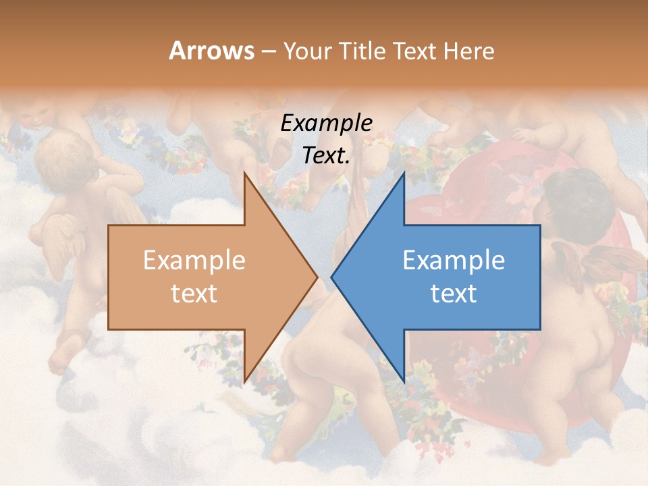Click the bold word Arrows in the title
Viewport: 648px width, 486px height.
[212, 51]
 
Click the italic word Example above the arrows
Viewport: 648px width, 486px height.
[326, 124]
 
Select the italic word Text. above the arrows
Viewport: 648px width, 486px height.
[326, 156]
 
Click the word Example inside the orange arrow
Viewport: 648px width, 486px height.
[194, 261]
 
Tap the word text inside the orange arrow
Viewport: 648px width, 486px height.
[194, 294]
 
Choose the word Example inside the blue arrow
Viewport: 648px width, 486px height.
[454, 261]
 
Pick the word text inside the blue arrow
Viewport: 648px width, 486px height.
[454, 294]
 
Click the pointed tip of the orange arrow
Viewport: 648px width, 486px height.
[317, 277]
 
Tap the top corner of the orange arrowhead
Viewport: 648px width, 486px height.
[245, 173]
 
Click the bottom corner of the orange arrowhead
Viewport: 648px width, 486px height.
[245, 381]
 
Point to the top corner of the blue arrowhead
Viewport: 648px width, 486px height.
[404, 173]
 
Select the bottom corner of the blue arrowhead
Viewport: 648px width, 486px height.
[404, 381]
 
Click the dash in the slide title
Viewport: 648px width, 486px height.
[268, 52]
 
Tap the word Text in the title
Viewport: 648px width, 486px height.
[414, 51]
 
